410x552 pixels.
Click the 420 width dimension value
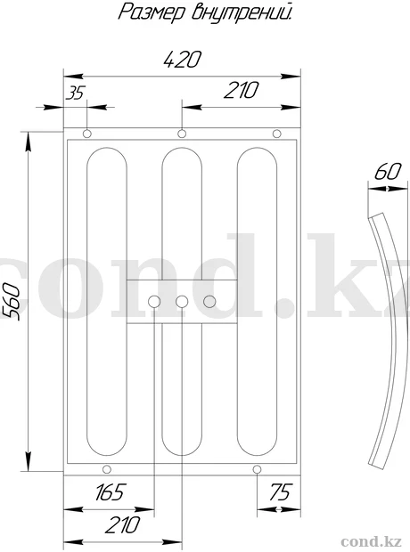tap(183, 59)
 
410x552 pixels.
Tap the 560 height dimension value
tap(12, 301)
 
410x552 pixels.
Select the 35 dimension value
tap(76, 93)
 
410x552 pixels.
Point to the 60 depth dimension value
tap(388, 172)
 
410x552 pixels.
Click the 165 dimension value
tap(110, 491)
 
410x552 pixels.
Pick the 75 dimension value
tap(281, 491)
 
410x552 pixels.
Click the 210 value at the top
tap(241, 90)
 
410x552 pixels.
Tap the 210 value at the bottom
tap(122, 525)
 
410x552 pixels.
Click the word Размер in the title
tap(152, 12)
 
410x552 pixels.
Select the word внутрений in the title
tap(242, 12)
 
